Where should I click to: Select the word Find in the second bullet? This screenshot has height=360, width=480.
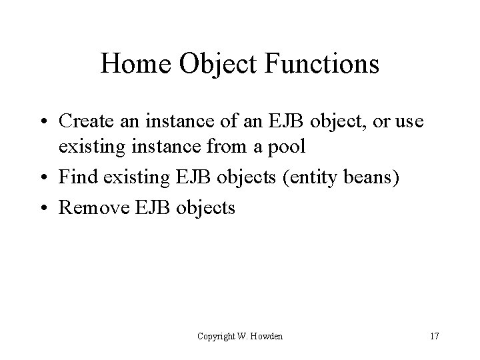point(75,178)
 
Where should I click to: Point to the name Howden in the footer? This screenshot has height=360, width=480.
point(267,336)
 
